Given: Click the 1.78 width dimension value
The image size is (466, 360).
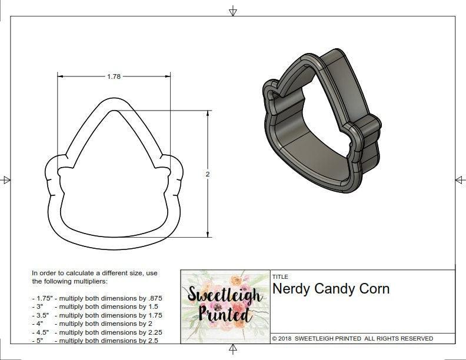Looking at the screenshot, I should click(x=114, y=76).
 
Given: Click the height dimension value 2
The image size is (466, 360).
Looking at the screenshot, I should click(x=208, y=174).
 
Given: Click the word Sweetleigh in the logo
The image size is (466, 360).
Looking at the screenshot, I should click(x=225, y=293).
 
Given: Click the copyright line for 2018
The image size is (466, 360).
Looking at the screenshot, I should click(x=352, y=338).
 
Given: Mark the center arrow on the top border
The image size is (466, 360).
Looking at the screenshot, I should click(x=233, y=11).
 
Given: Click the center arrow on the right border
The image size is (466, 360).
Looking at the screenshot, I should click(x=459, y=179).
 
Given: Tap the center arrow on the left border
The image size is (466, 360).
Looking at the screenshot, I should click(x=6, y=179).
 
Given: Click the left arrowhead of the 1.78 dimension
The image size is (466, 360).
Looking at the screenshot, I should click(x=60, y=76).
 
